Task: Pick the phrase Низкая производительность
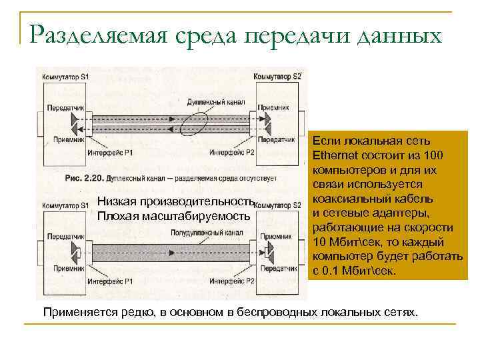(x=176, y=202)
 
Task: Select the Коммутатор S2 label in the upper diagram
(x=278, y=77)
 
